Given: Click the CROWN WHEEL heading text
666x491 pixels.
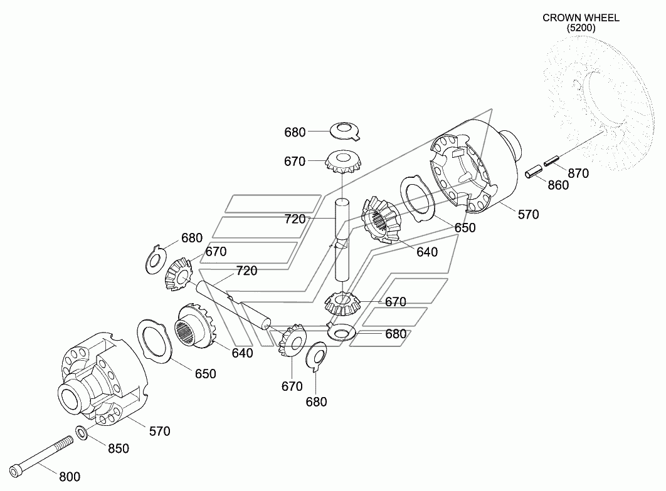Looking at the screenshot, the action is [x=581, y=18].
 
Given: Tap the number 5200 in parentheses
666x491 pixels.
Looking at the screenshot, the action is [x=581, y=28].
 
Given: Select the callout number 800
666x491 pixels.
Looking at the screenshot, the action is [x=70, y=477].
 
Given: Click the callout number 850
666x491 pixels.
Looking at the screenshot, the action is [x=119, y=448].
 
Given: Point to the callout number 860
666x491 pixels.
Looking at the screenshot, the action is [x=558, y=185].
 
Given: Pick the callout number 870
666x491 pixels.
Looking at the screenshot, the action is [x=578, y=173].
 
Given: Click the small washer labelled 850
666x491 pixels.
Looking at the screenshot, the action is [x=81, y=433].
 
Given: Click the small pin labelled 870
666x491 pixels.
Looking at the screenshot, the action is [x=552, y=161].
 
